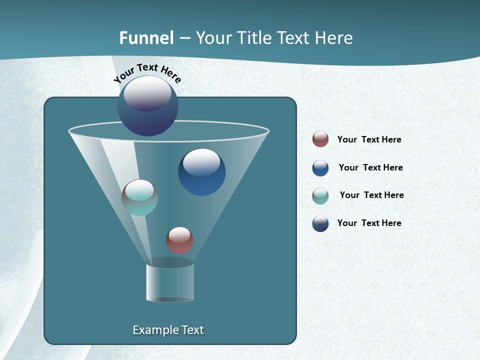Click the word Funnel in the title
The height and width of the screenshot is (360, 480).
coord(146,38)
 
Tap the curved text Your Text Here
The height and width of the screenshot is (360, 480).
coord(147,72)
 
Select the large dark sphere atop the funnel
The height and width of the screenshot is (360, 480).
coord(148,106)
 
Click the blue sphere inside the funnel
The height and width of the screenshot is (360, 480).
coord(201,172)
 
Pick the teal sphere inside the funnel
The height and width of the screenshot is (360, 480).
coord(139,197)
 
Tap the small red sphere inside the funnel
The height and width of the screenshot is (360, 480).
coord(179,240)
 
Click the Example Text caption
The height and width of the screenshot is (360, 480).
coord(168,330)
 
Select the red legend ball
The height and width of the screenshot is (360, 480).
coord(320,139)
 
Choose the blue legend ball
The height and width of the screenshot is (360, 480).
coord(320,168)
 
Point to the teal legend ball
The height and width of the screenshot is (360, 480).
coord(320,196)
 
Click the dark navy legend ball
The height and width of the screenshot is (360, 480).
coord(320,223)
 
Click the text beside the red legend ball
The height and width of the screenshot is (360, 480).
coord(369,140)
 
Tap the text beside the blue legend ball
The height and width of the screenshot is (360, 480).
coord(370,168)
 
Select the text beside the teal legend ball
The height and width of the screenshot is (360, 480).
coord(371,195)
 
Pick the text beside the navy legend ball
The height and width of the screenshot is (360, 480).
coord(369,223)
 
